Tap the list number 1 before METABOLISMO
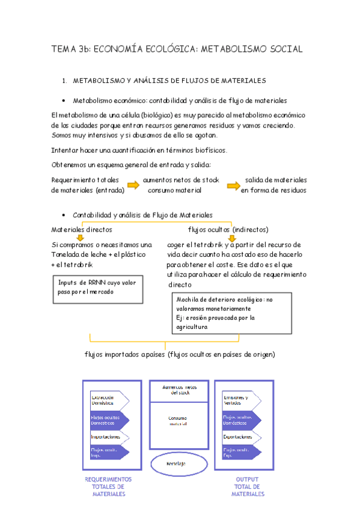coord(64,80)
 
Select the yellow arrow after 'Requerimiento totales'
coord(135,185)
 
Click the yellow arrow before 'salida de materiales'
coord(234,185)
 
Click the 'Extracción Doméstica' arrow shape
coord(109,400)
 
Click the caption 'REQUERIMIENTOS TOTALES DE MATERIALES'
coord(109,487)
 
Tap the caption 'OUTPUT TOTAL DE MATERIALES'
coord(248,487)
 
